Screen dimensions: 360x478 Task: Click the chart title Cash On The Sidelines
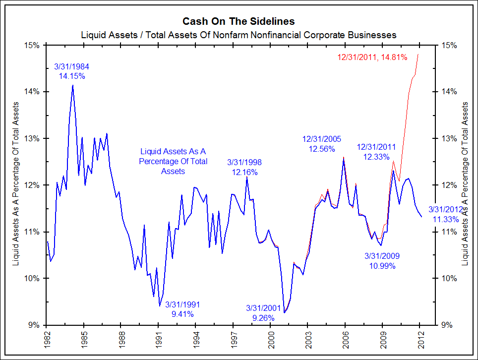point(239,21)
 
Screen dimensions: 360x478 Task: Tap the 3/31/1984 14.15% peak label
point(72,71)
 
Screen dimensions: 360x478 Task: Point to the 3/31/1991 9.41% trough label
point(182,309)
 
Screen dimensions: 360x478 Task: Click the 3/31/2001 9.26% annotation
point(263,312)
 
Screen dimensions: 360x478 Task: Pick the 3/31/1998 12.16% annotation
point(244,167)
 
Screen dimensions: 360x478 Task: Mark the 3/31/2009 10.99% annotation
point(382,261)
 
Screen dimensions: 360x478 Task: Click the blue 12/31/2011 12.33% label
point(377,152)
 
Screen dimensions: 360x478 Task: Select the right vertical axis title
point(465,184)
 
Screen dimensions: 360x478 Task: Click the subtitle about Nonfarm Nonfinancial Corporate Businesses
point(239,35)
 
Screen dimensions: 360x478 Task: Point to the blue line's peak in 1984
point(72,85)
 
